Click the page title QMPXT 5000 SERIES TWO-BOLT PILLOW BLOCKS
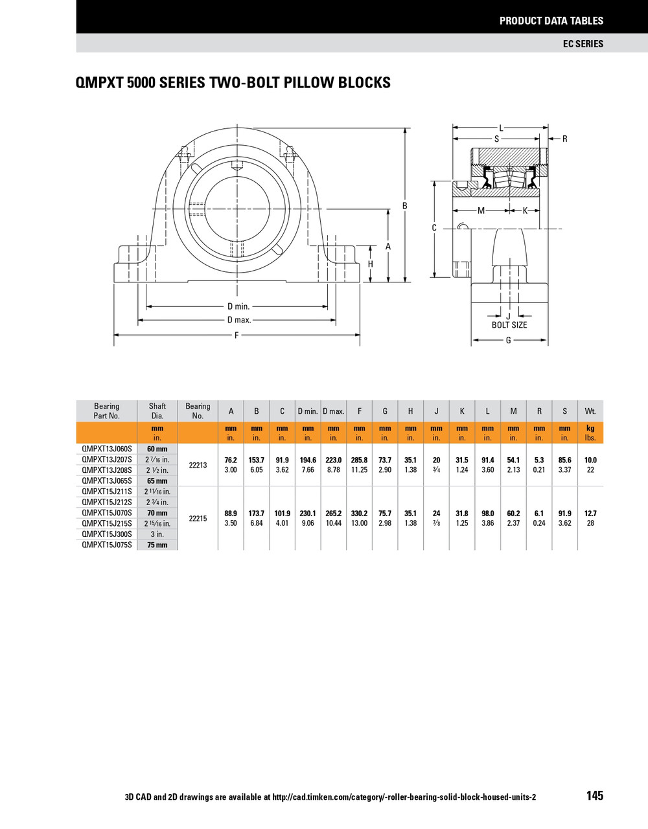(x=233, y=83)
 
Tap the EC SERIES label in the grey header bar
(x=583, y=43)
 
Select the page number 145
(x=594, y=795)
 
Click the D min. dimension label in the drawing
(x=238, y=306)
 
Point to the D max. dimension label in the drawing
(x=238, y=320)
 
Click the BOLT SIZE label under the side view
(x=509, y=324)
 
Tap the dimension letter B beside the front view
(x=405, y=206)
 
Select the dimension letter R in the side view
(x=564, y=139)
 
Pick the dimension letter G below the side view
(x=508, y=340)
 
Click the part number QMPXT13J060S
(x=107, y=449)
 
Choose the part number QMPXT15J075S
(x=107, y=545)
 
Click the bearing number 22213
(x=198, y=465)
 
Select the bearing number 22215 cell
(x=198, y=519)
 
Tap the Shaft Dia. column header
(x=157, y=411)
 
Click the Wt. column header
(x=590, y=411)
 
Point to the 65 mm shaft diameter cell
(x=157, y=481)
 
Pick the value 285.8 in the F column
(x=359, y=460)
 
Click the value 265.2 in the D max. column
(x=333, y=514)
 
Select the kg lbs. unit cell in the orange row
(x=590, y=433)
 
